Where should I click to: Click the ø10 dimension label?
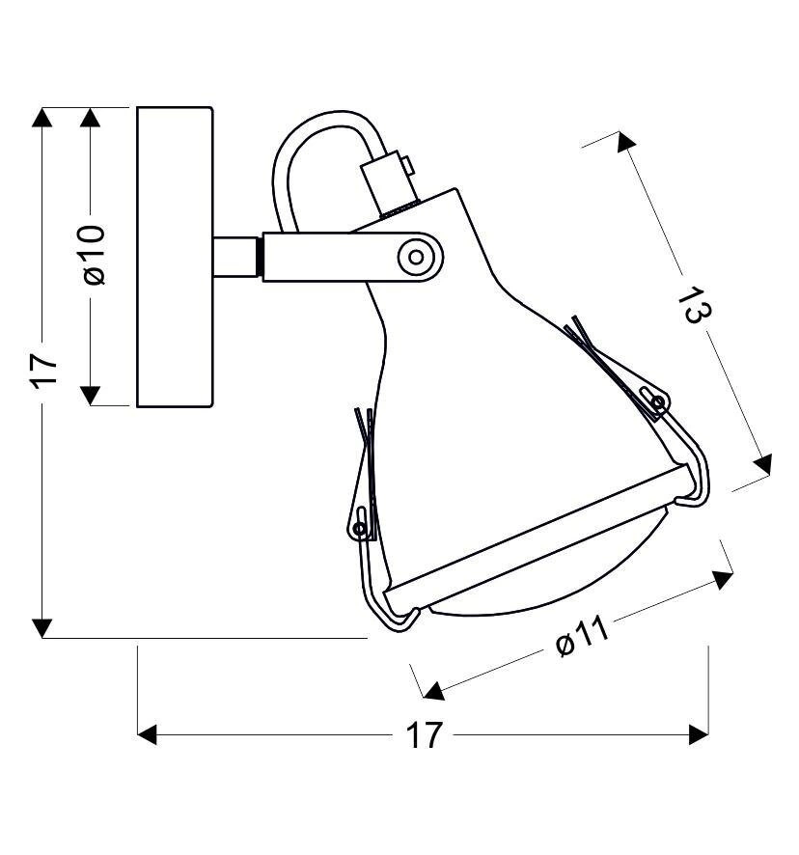point(93,256)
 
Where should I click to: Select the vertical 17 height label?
point(43,370)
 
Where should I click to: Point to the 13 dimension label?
point(693,305)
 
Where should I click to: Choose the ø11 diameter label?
point(582,636)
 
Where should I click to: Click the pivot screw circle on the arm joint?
point(417,257)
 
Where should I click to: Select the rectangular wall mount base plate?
point(175,257)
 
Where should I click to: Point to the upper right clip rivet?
point(658,401)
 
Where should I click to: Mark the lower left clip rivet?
point(360,528)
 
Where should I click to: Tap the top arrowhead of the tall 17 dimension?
point(41,118)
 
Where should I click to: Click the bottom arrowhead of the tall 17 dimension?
point(41,628)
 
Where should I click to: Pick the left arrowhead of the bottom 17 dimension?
point(148,735)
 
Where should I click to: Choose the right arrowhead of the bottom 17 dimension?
point(700,735)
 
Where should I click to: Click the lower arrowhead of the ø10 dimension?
point(90,395)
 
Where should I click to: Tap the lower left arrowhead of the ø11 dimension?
point(433,690)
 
